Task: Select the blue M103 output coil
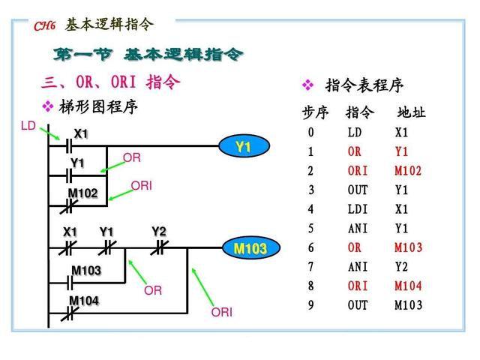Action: pyautogui.click(x=250, y=248)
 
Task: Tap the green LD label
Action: pyautogui.click(x=28, y=126)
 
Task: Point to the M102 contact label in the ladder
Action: pyautogui.click(x=82, y=193)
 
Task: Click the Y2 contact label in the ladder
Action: pyautogui.click(x=159, y=231)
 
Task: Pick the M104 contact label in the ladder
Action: pyautogui.click(x=84, y=301)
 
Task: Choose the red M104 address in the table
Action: pyautogui.click(x=408, y=286)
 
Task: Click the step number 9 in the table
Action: pyautogui.click(x=310, y=305)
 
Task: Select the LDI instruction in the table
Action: pyautogui.click(x=358, y=209)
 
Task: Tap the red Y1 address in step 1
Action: pyautogui.click(x=402, y=151)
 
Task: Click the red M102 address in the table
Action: pyautogui.click(x=408, y=171)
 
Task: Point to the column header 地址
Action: pyautogui.click(x=411, y=113)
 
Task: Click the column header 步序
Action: pyautogui.click(x=315, y=113)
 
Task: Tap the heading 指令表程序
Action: pyautogui.click(x=364, y=85)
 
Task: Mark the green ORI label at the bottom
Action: pyautogui.click(x=222, y=311)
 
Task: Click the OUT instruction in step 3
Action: pyautogui.click(x=358, y=190)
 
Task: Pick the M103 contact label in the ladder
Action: pyautogui.click(x=86, y=270)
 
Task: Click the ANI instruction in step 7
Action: pyautogui.click(x=358, y=266)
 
